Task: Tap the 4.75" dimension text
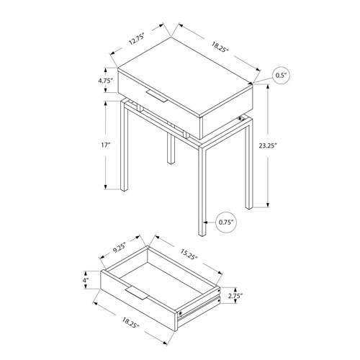pyautogui.click(x=106, y=81)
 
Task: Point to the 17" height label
pyautogui.click(x=106, y=145)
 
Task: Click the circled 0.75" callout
pyautogui.click(x=225, y=224)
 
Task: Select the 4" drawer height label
pyautogui.click(x=86, y=279)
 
